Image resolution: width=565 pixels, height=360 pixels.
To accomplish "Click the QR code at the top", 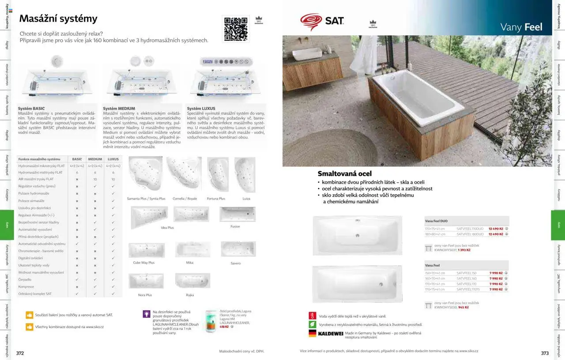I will click(x=236, y=29).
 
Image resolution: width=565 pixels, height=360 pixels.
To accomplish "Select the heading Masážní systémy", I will click(x=58, y=19).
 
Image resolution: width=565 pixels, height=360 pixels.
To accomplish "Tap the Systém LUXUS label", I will click(x=201, y=109).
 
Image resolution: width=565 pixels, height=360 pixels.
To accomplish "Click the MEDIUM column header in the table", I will click(x=95, y=159).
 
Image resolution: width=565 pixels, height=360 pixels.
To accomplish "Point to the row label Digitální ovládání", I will click(x=31, y=258).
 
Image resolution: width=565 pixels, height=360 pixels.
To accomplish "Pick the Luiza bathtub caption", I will click(x=246, y=199).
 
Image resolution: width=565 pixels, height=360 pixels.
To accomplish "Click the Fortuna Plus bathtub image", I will click(x=218, y=174).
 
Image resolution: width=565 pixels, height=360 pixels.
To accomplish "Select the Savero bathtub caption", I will click(x=236, y=263).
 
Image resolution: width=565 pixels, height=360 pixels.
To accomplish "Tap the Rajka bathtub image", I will click(x=192, y=281).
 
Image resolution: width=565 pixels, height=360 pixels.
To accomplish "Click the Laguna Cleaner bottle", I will click(x=211, y=321).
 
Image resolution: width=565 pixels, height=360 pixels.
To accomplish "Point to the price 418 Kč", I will click(x=224, y=327).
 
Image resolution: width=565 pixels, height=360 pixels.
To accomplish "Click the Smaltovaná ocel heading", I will click(x=345, y=173).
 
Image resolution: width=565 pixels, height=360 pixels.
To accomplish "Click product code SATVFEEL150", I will click(x=467, y=273).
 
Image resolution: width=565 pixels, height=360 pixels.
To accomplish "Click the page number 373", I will click(x=545, y=353).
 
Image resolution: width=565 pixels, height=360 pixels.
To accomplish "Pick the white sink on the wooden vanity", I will click(x=307, y=54).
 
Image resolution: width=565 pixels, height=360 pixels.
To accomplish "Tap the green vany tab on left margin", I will click(x=7, y=225).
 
